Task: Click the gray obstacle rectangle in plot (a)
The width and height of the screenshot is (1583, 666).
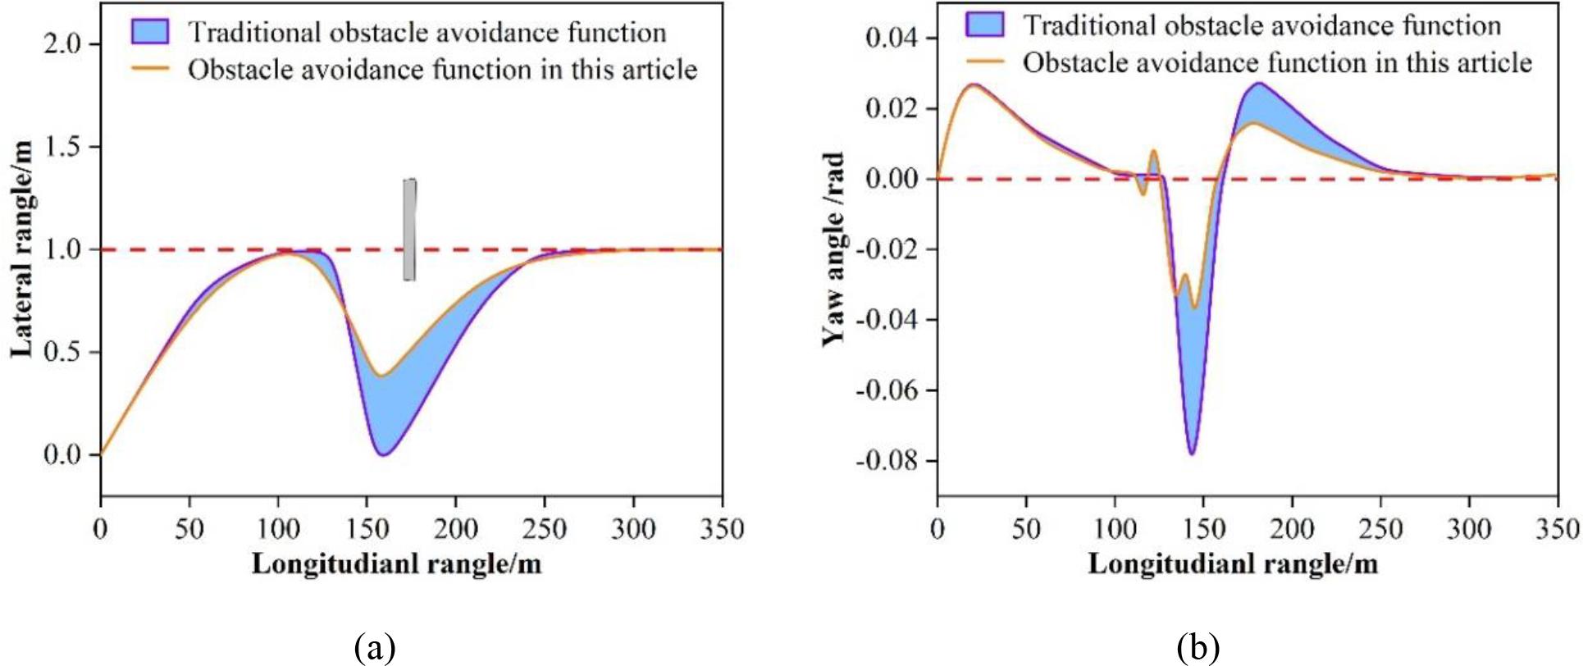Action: tap(409, 230)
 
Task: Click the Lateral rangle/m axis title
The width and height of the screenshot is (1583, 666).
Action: tap(23, 249)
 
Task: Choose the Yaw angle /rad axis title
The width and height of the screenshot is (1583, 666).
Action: tap(834, 249)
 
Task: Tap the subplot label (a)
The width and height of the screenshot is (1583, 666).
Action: tap(376, 648)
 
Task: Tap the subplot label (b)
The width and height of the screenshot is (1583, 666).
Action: tap(1198, 648)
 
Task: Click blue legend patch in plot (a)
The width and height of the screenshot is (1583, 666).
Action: tap(149, 30)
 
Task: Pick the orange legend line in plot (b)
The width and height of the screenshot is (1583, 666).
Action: tap(985, 62)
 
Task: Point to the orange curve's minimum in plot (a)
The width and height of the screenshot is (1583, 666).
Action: tap(381, 376)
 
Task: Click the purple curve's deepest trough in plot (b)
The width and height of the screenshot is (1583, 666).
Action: tap(1191, 454)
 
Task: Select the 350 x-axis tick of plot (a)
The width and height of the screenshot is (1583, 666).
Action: tap(722, 529)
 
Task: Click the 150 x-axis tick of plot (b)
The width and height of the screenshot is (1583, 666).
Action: tap(1203, 529)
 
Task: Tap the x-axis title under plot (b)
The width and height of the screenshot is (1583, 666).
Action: tap(1233, 564)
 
